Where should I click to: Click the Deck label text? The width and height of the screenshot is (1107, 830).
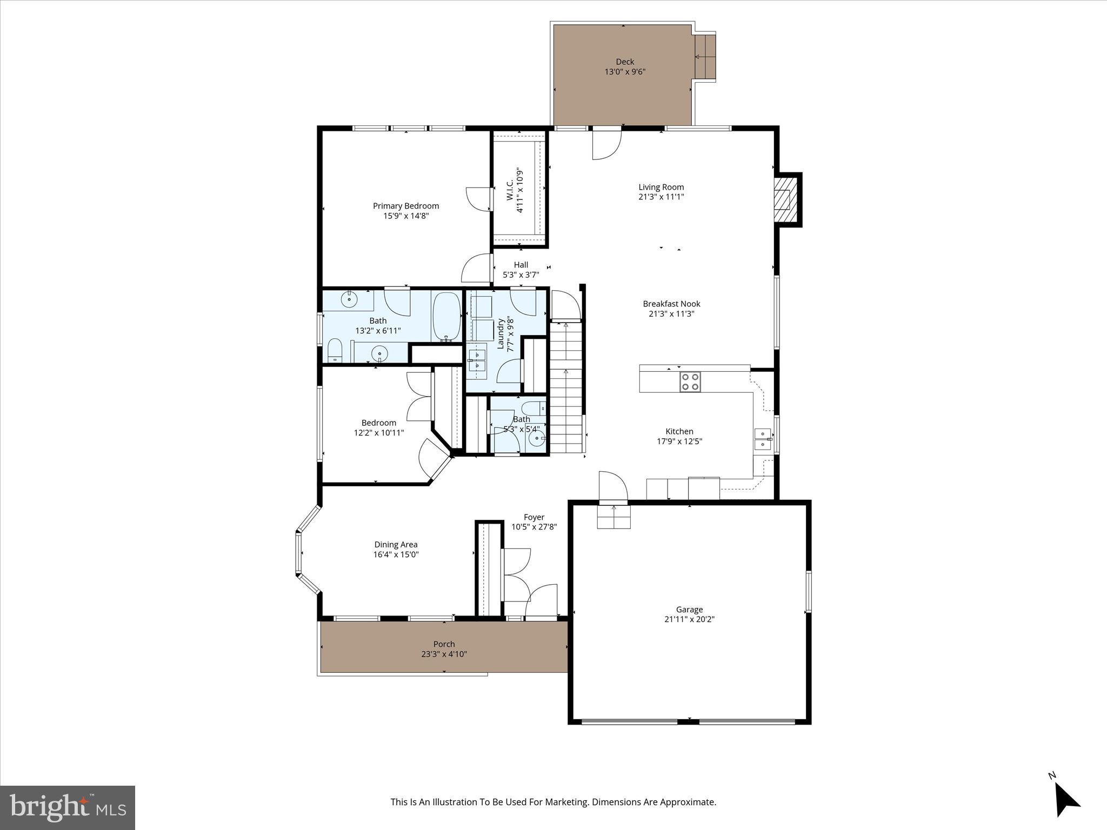point(625,62)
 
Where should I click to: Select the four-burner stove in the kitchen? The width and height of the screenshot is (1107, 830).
point(690,381)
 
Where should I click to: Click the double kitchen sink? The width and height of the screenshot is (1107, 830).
point(763,439)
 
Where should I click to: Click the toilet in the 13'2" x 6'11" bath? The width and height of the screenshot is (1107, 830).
point(335,351)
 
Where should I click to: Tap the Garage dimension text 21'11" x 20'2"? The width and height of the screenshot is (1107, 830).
point(689,619)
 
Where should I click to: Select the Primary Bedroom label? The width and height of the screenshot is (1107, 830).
point(405,206)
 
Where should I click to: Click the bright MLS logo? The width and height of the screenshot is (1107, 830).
point(68,807)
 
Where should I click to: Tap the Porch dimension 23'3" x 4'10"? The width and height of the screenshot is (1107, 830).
point(444,654)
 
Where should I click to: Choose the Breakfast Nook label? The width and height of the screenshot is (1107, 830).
point(671,304)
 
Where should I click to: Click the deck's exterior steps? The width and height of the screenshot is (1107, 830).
point(705,57)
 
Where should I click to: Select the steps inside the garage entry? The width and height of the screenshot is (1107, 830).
point(613,517)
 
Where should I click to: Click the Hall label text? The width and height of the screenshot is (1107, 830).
point(521,265)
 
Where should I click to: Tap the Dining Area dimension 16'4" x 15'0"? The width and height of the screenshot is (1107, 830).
point(396,554)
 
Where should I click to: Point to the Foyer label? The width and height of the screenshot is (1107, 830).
point(534,517)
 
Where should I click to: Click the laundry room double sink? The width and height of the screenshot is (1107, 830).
point(477,360)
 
